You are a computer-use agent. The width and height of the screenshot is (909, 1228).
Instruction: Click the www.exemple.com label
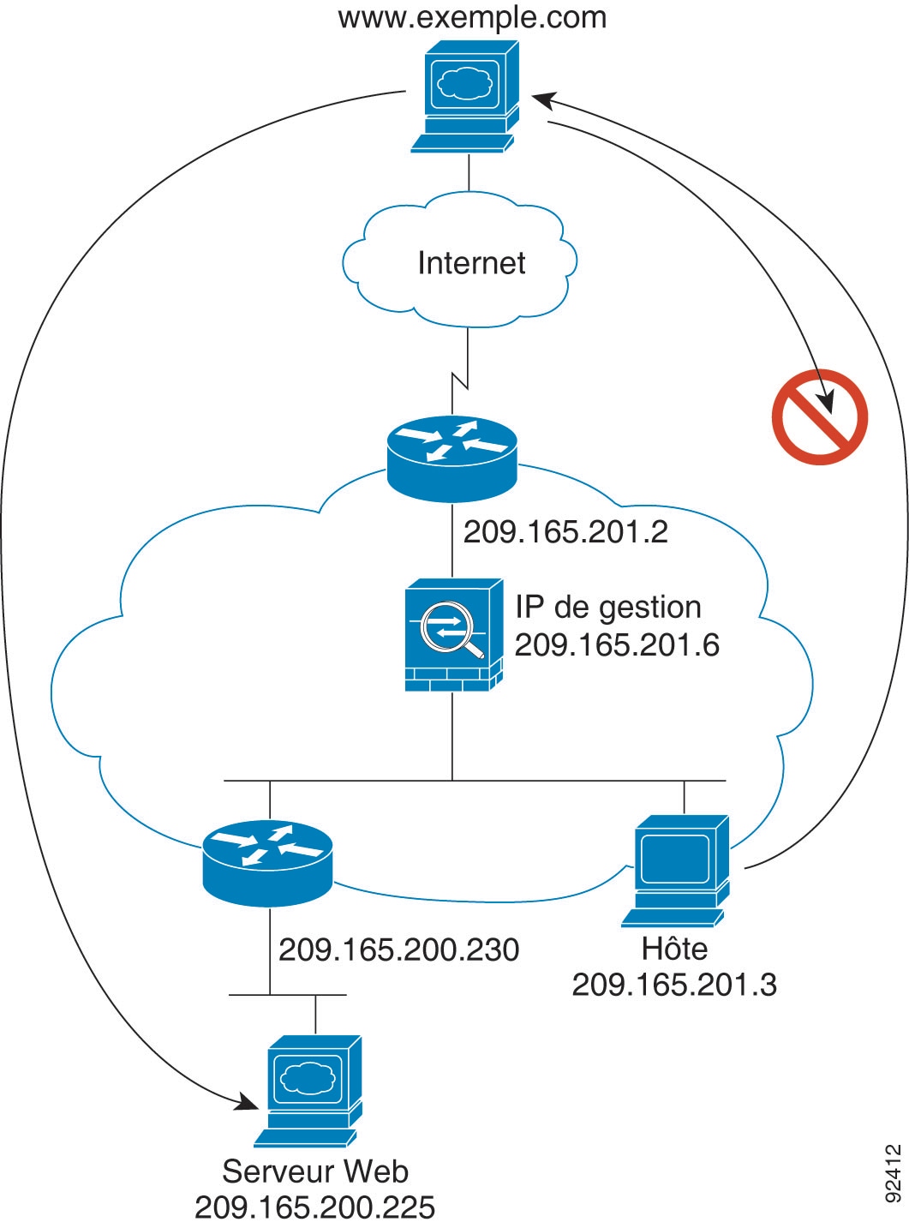click(472, 17)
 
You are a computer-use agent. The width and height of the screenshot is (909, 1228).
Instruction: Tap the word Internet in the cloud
click(471, 263)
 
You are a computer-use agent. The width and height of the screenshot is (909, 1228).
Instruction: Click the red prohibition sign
click(819, 417)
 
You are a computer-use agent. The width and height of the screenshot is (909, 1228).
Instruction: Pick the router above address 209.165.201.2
click(452, 459)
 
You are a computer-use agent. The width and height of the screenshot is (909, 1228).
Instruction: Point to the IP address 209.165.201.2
click(565, 532)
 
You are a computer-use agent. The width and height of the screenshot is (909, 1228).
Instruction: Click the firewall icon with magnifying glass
click(453, 635)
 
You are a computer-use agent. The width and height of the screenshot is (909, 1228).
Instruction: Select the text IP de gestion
click(608, 607)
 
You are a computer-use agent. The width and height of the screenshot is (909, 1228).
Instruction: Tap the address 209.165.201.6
click(617, 645)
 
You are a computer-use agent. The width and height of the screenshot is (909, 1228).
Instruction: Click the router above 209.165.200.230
click(267, 863)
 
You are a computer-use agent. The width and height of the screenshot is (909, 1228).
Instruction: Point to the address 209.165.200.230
click(399, 949)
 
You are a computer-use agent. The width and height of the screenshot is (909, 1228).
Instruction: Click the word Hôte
click(674, 949)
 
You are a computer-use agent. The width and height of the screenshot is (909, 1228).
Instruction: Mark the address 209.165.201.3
click(674, 985)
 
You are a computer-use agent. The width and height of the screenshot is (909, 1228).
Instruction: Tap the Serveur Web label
click(315, 1171)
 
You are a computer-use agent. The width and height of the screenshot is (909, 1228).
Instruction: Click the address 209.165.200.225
click(315, 1207)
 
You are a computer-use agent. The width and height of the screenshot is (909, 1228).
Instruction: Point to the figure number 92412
click(894, 1172)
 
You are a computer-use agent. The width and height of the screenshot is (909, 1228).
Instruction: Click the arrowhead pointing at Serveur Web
click(248, 1102)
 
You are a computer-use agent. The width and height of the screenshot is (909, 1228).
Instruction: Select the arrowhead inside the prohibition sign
click(826, 401)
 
